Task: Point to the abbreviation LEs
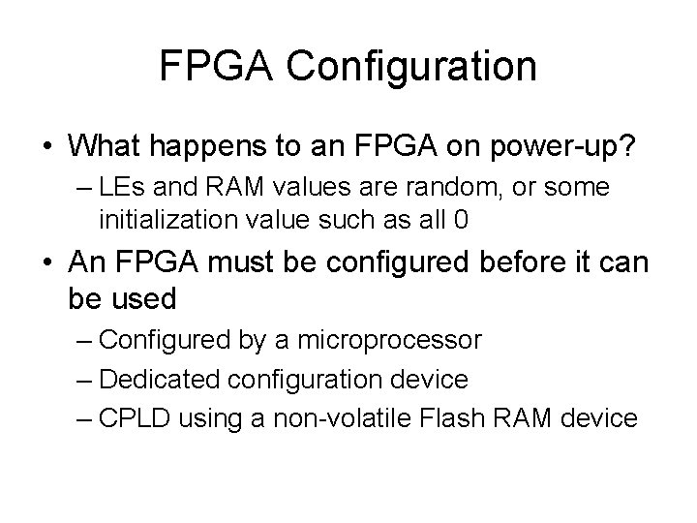120,187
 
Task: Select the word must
250,262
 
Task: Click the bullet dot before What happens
47,148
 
